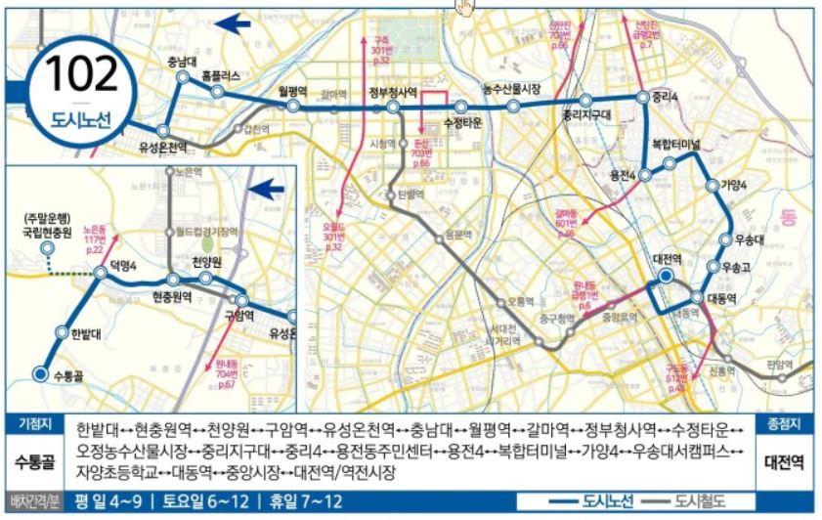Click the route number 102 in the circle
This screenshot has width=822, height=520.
click(x=81, y=73)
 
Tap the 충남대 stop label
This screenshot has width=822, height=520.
click(x=184, y=64)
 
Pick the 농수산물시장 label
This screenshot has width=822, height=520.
click(x=512, y=89)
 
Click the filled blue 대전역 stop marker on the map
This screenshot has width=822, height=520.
click(x=665, y=277)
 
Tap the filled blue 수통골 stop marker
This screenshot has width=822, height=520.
click(x=40, y=373)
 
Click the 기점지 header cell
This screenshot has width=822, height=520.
click(x=35, y=423)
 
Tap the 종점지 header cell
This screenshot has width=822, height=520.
click(x=784, y=423)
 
